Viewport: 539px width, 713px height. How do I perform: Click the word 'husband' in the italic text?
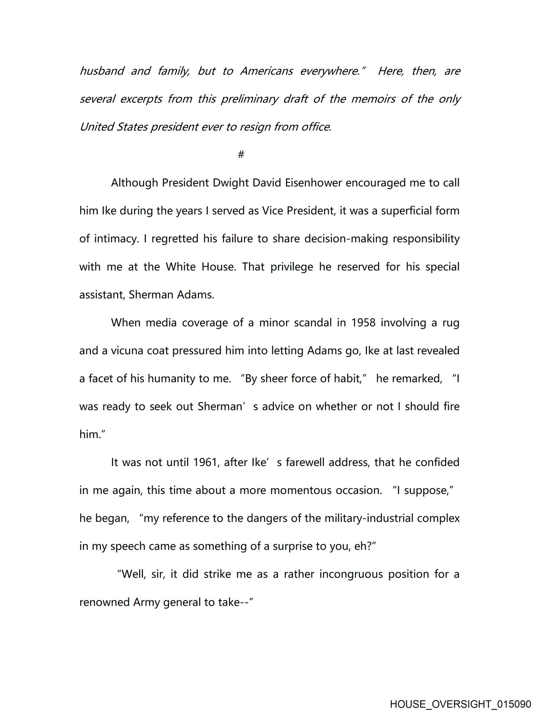click(x=102, y=71)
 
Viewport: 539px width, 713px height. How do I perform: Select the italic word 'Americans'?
click(x=266, y=71)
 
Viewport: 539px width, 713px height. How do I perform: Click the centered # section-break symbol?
click(x=241, y=154)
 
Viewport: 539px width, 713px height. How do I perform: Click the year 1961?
click(x=205, y=462)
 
